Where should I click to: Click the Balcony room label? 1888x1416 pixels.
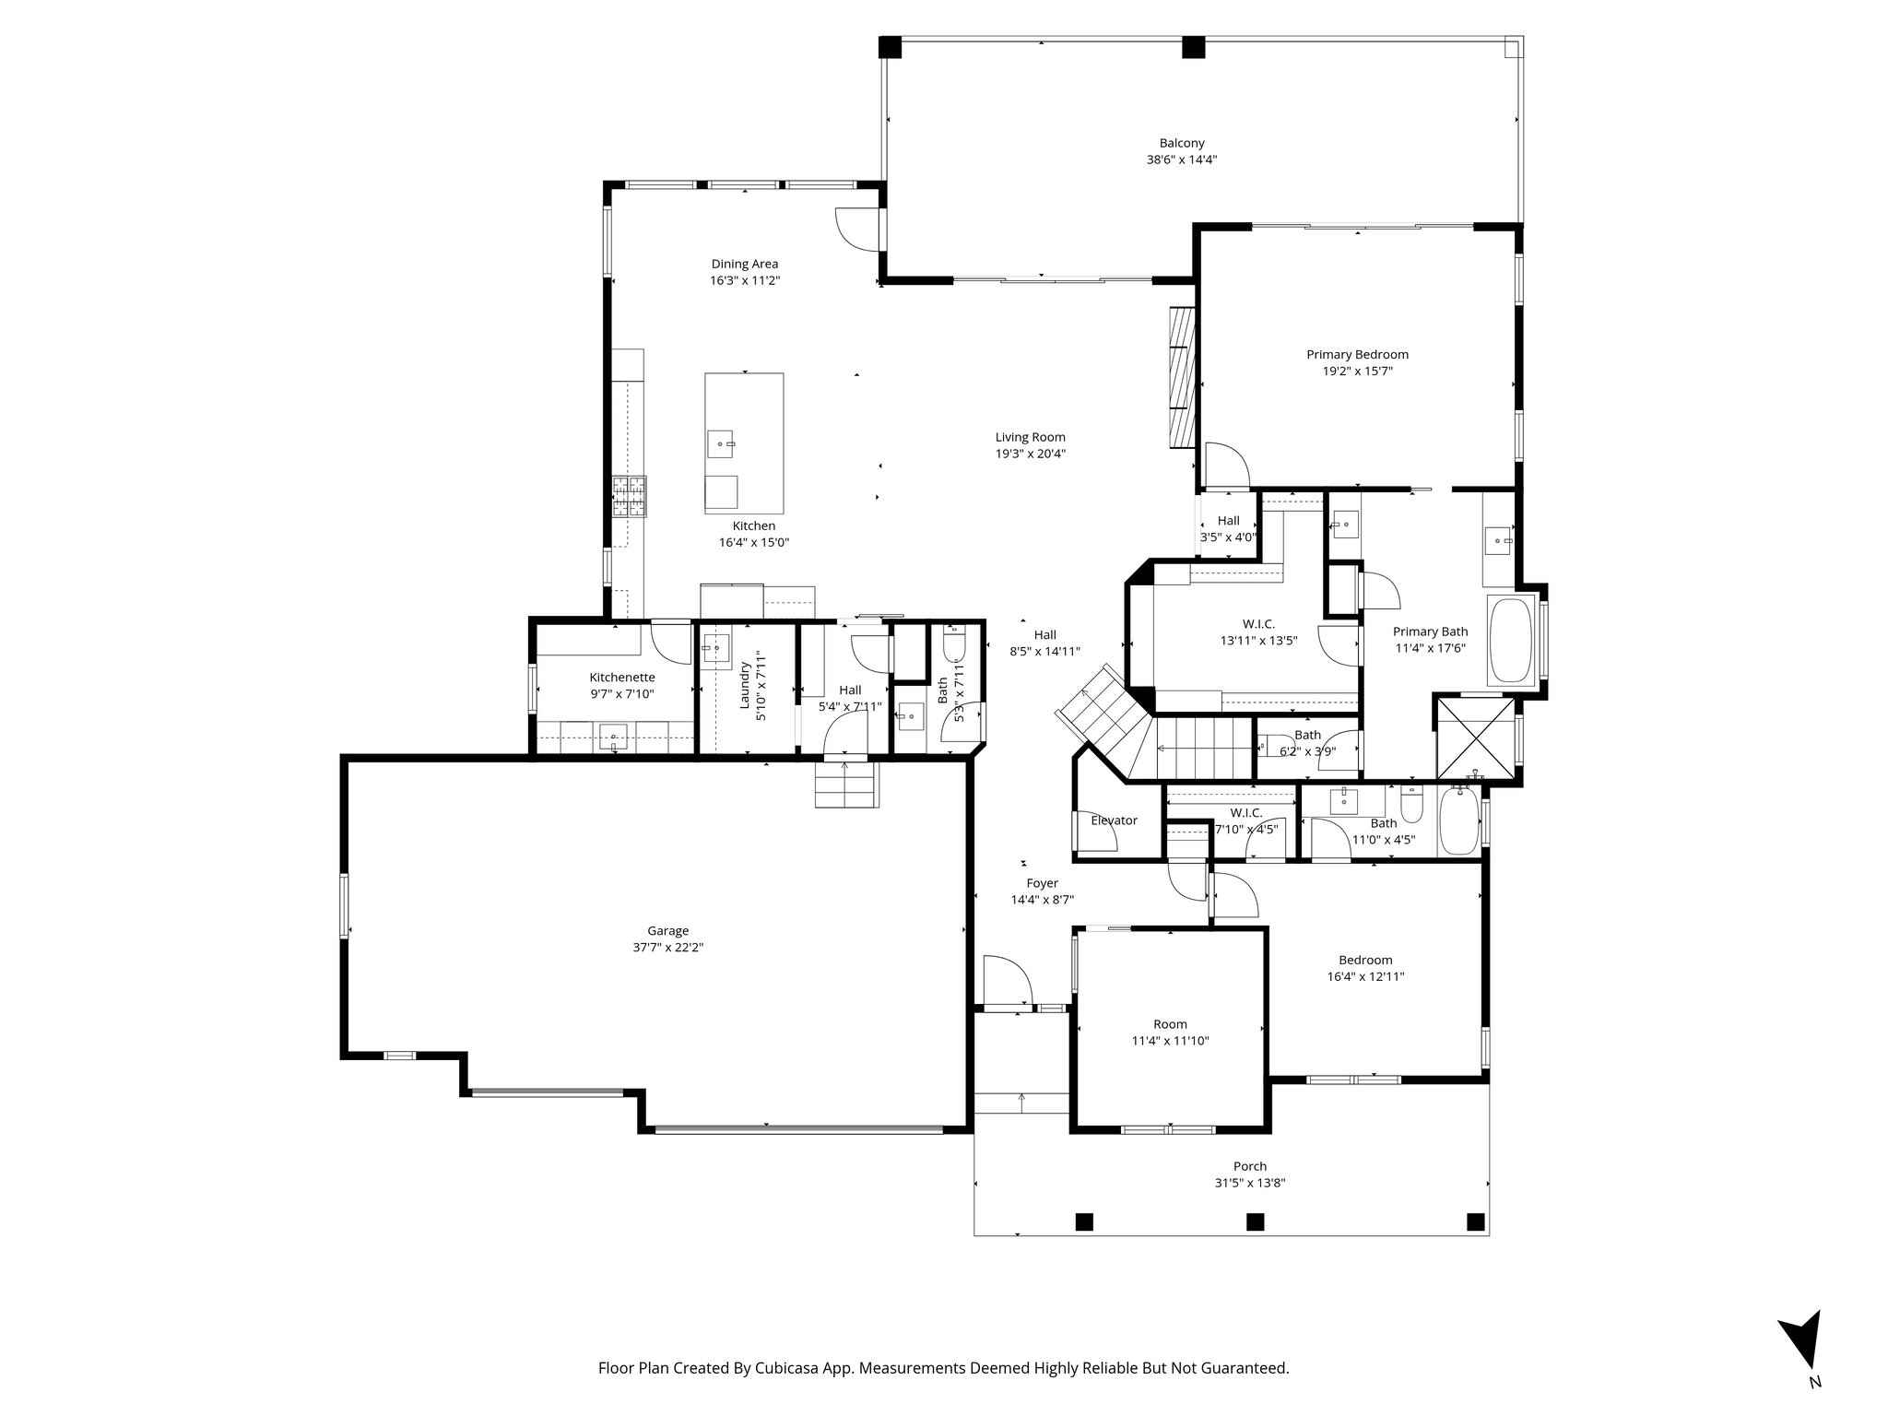[x=1181, y=143]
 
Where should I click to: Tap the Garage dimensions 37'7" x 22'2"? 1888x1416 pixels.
[x=667, y=947]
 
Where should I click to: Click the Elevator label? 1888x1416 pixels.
[x=1114, y=820]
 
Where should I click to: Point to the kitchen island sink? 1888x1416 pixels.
[x=721, y=443]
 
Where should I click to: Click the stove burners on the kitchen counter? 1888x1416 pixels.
[x=631, y=496]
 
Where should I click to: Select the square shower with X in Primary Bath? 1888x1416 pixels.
[x=1476, y=738]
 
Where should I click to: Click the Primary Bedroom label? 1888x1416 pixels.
[x=1357, y=354]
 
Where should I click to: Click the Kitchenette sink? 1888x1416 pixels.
[x=613, y=737]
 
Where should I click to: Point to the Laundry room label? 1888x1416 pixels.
[x=746, y=686]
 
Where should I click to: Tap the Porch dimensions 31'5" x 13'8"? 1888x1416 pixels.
[x=1250, y=1183]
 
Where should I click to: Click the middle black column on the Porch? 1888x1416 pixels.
[x=1254, y=1221]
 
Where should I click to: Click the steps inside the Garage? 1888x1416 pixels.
[x=845, y=785]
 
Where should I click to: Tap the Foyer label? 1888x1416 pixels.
[x=1042, y=883]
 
